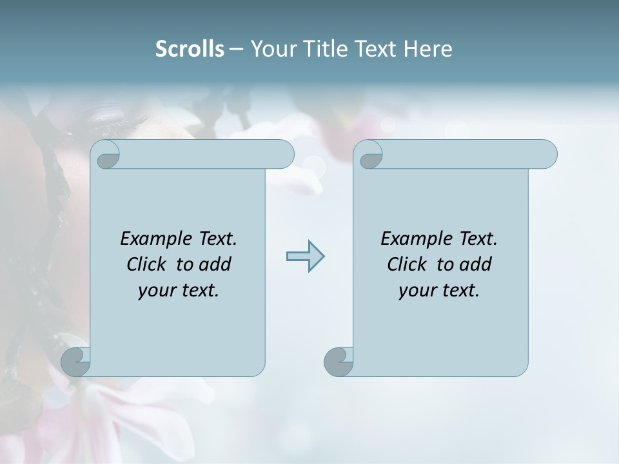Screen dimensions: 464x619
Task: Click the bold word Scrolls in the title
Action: coord(190,48)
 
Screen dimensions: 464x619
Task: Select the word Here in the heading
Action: coord(428,48)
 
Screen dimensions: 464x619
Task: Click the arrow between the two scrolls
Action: coord(305,256)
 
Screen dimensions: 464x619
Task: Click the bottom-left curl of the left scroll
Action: coord(75,362)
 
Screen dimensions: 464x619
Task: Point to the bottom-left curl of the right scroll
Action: coord(339,362)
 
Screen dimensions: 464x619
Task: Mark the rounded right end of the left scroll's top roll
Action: coord(284,154)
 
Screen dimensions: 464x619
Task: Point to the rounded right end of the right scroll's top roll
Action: coord(547,154)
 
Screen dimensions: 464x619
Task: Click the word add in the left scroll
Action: coord(215,264)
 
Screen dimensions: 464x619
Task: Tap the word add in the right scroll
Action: coord(475,264)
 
